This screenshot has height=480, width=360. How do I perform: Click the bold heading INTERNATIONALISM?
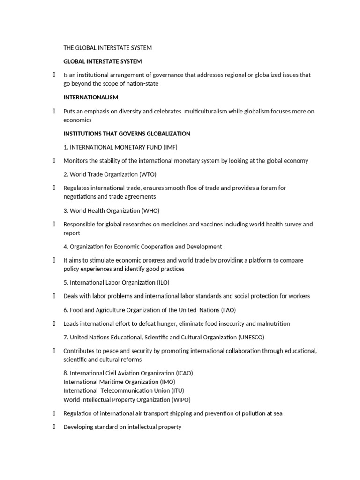pyautogui.click(x=90, y=97)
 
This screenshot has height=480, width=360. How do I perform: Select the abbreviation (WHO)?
pyautogui.click(x=153, y=210)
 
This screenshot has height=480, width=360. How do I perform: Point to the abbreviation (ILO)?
pyautogui.click(x=161, y=282)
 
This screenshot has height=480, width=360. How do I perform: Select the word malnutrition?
pyautogui.click(x=273, y=323)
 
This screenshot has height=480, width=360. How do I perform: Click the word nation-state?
pyautogui.click(x=141, y=83)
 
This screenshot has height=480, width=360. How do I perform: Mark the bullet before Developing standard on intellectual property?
pyautogui.click(x=54, y=427)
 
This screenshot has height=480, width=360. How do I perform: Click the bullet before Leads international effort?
pyautogui.click(x=54, y=323)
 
